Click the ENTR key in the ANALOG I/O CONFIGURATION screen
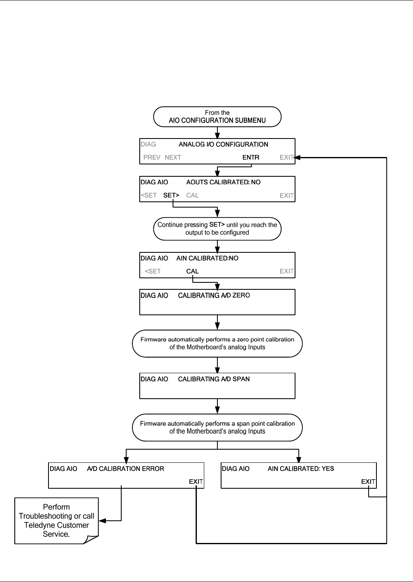(x=251, y=157)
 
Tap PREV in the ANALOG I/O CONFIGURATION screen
(x=152, y=157)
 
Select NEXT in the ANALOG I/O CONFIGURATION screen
(x=173, y=157)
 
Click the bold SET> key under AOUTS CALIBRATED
(x=171, y=195)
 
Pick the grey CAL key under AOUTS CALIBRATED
(x=192, y=195)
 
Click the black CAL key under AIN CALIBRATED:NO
(x=192, y=271)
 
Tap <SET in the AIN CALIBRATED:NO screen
(x=152, y=271)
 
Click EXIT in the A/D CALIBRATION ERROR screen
(x=196, y=481)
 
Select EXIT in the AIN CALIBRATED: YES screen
(x=368, y=481)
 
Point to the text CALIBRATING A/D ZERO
(x=214, y=296)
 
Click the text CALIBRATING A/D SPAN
(x=214, y=379)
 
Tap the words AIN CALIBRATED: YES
(x=301, y=469)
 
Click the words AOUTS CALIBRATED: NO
(x=224, y=182)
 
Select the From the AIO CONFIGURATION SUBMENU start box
(x=217, y=117)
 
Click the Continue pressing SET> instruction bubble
(x=217, y=229)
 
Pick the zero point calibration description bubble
(x=217, y=344)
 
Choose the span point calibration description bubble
(x=217, y=427)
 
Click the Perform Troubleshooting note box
(x=56, y=521)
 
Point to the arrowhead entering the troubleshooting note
(x=102, y=521)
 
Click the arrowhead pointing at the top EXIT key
(x=297, y=157)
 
